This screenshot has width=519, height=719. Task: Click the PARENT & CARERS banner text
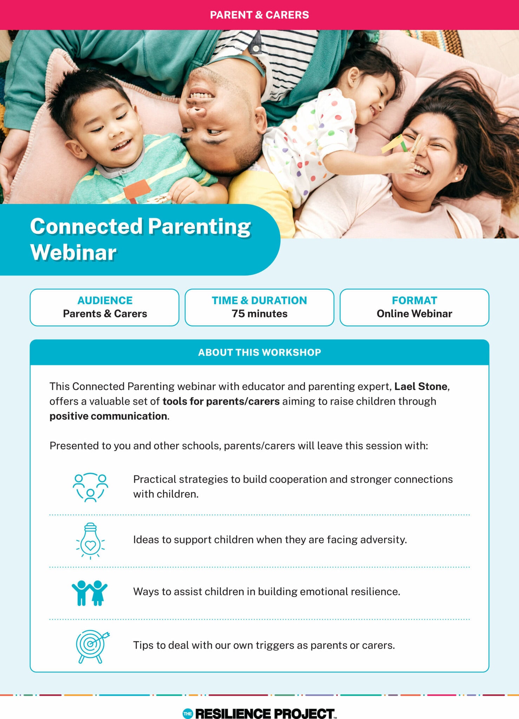[259, 15]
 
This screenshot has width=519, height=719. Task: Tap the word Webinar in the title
[73, 252]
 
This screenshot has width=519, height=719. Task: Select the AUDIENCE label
[105, 301]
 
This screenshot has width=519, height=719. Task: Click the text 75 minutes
[259, 314]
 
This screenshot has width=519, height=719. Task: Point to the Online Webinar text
[414, 314]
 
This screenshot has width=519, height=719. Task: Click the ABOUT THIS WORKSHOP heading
[259, 352]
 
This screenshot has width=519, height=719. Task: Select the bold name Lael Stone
[421, 386]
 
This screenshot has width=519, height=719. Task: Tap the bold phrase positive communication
[109, 416]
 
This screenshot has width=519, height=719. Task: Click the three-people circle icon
[90, 487]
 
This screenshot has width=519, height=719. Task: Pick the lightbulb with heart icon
[90, 541]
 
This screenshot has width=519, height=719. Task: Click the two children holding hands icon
[90, 593]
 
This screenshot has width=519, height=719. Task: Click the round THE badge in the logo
[188, 713]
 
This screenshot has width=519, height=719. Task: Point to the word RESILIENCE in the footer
[233, 713]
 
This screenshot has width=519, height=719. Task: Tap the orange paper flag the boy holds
[137, 191]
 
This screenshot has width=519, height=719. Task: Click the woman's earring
[456, 179]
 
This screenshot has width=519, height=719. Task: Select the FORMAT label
[414, 301]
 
